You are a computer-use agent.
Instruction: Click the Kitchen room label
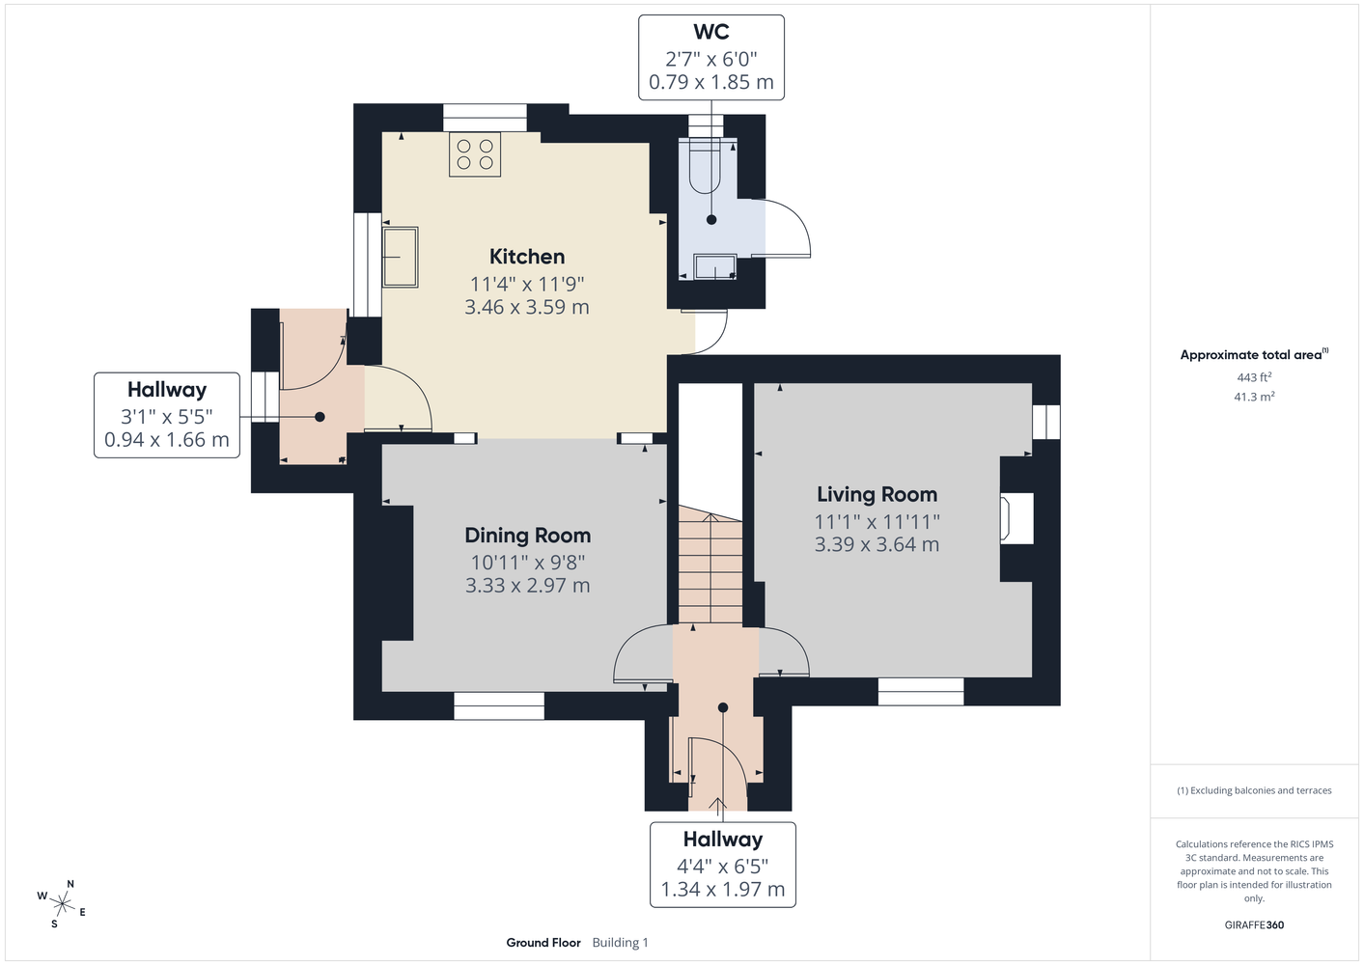point(527,257)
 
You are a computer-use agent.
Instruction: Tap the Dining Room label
point(527,536)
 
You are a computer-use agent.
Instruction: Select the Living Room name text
point(877,494)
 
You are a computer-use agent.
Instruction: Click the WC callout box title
point(711,32)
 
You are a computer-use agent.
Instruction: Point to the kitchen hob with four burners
point(475,154)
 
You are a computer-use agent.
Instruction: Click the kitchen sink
point(400,257)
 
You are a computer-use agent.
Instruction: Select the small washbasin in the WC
point(715,267)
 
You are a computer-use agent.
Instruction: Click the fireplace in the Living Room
point(1016,518)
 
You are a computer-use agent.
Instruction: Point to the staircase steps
point(710,564)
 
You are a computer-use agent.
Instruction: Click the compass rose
point(62,904)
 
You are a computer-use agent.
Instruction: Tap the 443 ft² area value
point(1254,377)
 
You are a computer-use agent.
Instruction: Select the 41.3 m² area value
point(1254,397)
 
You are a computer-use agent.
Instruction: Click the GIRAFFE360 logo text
point(1254,924)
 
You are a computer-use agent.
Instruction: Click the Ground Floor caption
point(543,943)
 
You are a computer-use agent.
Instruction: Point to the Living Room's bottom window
point(921,692)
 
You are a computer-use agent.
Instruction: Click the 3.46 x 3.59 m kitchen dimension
point(527,307)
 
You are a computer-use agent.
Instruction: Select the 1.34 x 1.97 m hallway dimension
point(723,890)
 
